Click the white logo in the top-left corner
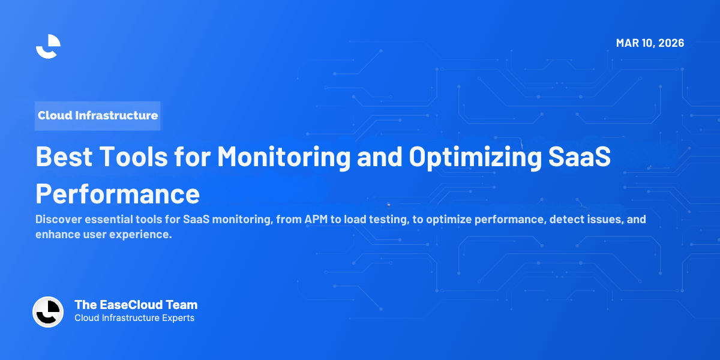pyautogui.click(x=48, y=46)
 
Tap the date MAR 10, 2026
pyautogui.click(x=650, y=43)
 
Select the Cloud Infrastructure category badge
pyautogui.click(x=98, y=115)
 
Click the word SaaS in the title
pyautogui.click(x=583, y=157)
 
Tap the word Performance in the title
pyautogui.click(x=118, y=194)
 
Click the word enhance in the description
pyautogui.click(x=58, y=235)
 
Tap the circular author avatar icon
pyautogui.click(x=48, y=312)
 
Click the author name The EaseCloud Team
pyautogui.click(x=136, y=305)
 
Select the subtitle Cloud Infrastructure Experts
pyautogui.click(x=134, y=318)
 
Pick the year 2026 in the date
pyautogui.click(x=670, y=43)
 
